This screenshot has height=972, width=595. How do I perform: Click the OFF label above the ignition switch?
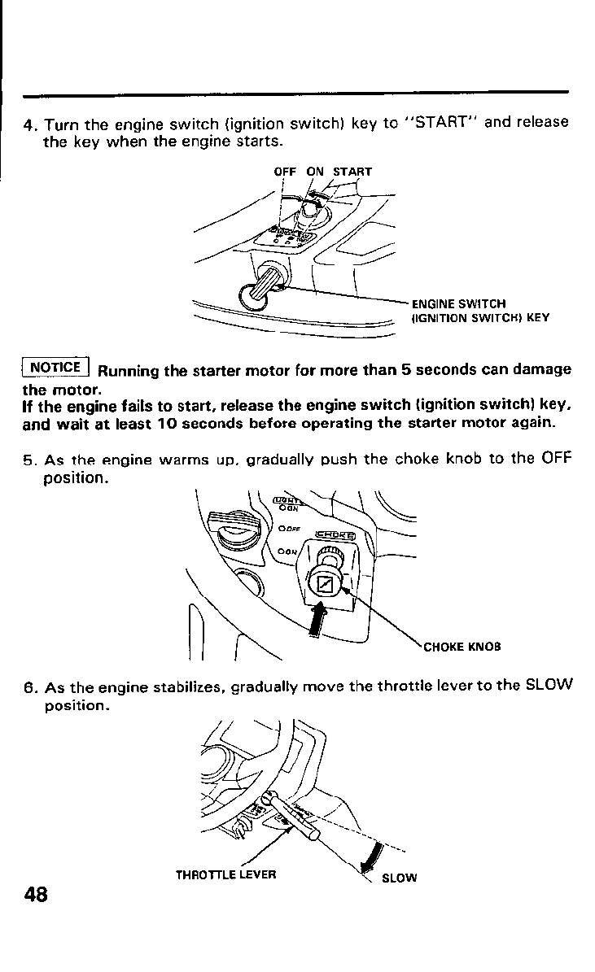[284, 172]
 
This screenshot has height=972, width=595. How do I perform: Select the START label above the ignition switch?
[352, 172]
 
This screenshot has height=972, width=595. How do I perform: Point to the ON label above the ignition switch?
[315, 172]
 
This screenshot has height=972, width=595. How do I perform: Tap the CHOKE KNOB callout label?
[462, 647]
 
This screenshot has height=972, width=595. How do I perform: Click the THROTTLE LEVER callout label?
[226, 875]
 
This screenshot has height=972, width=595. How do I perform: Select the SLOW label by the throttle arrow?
[399, 878]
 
